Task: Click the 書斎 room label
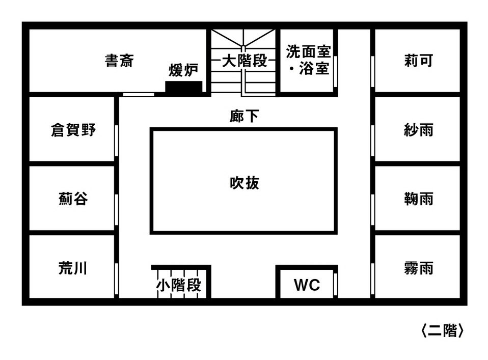[119, 61]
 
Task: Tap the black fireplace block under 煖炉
[184, 87]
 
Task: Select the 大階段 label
[245, 62]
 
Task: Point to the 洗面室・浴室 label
[308, 60]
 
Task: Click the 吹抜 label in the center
[245, 182]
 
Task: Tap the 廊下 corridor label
[243, 117]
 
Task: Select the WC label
[307, 285]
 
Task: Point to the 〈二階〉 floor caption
[442, 331]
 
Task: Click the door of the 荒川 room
[117, 279]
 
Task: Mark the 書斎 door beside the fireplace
[139, 94]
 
